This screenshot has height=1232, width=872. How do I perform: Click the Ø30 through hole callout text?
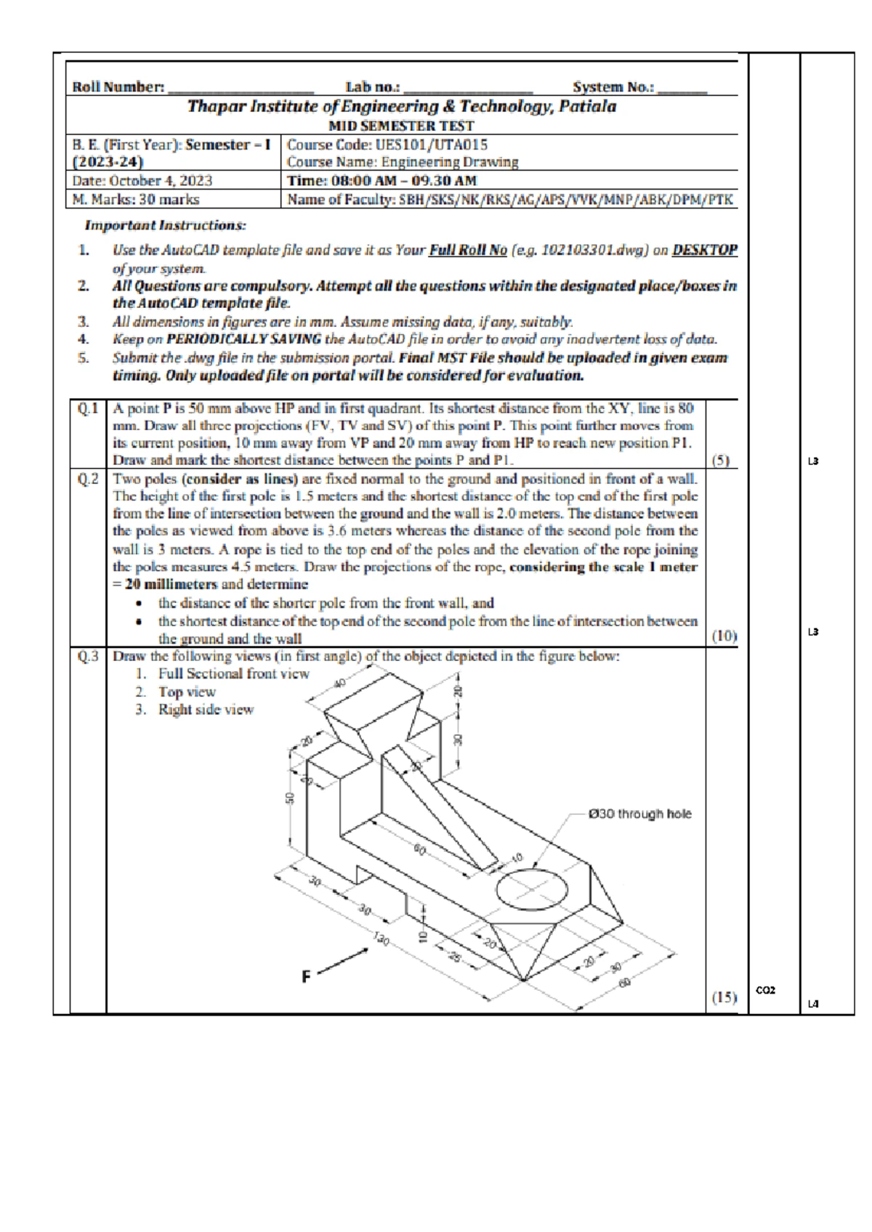pos(639,814)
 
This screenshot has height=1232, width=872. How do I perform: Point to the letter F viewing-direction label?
pos(307,977)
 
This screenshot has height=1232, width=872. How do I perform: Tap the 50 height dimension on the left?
pos(290,798)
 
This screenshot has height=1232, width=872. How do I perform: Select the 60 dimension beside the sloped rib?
pos(420,848)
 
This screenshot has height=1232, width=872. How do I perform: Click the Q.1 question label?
pos(88,409)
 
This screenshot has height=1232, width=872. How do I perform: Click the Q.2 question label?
pos(88,479)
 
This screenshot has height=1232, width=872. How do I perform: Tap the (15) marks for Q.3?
pos(724,997)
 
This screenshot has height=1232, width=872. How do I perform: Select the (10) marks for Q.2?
pos(724,636)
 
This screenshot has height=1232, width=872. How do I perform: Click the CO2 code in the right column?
pos(766,989)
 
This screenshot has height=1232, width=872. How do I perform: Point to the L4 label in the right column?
pos(813,1004)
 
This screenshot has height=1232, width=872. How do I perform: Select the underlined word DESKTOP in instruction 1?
pos(704,250)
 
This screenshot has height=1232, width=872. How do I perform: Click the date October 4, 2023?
pos(142,181)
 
